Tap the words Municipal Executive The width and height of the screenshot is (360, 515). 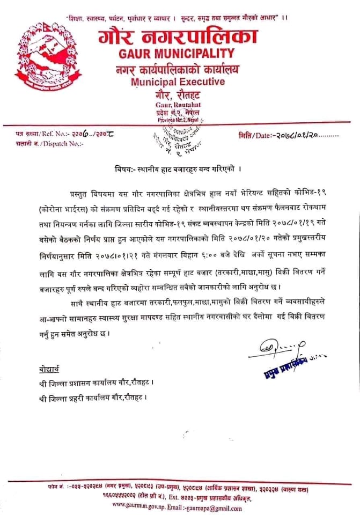pos(178,82)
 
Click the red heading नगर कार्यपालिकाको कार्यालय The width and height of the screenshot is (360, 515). pos(179,68)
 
